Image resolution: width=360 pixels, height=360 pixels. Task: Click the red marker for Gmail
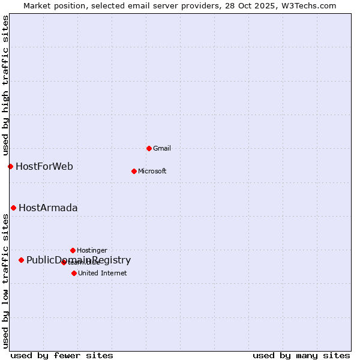pyautogui.click(x=149, y=148)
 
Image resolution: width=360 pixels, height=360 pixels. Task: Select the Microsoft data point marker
pyautogui.click(x=134, y=171)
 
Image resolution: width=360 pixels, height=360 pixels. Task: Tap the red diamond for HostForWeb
pyautogui.click(x=10, y=166)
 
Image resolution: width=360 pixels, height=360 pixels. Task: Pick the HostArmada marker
pyautogui.click(x=13, y=208)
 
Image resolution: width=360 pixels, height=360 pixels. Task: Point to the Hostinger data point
pyautogui.click(x=73, y=250)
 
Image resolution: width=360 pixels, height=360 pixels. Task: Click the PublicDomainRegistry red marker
pyautogui.click(x=21, y=260)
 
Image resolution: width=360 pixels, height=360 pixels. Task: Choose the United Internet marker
pyautogui.click(x=74, y=273)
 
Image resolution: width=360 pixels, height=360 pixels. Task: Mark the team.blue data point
pyautogui.click(x=64, y=262)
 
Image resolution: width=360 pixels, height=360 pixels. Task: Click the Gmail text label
pyautogui.click(x=162, y=148)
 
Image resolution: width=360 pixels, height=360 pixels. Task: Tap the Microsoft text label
pyautogui.click(x=152, y=171)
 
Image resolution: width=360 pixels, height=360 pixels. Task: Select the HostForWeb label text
pyautogui.click(x=44, y=166)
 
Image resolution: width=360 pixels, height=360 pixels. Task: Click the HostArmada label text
pyautogui.click(x=48, y=208)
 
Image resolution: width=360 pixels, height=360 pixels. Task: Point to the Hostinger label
pyautogui.click(x=92, y=250)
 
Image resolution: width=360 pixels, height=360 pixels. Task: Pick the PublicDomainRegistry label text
pyautogui.click(x=79, y=260)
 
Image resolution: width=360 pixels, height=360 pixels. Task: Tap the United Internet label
pyautogui.click(x=103, y=273)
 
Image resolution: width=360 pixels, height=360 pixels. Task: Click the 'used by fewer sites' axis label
pyautogui.click(x=62, y=355)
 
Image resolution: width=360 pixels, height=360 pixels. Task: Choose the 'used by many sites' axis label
pyautogui.click(x=301, y=355)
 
